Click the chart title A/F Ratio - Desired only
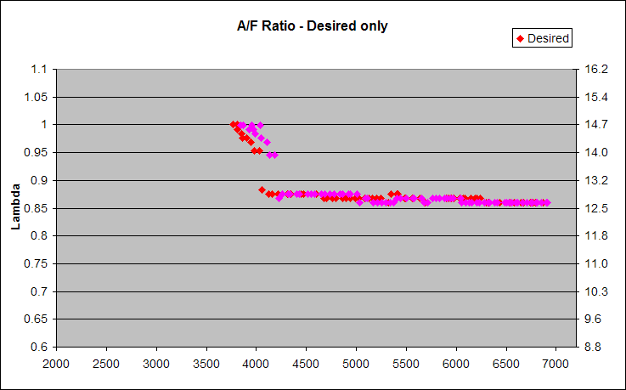pyautogui.click(x=312, y=25)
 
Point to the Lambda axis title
pyautogui.click(x=14, y=208)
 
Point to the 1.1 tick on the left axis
pyautogui.click(x=37, y=69)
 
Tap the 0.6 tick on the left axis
pyautogui.click(x=37, y=347)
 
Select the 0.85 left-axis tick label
pyautogui.click(x=35, y=208)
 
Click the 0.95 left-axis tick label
pyautogui.click(x=35, y=152)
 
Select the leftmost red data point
pyautogui.click(x=234, y=125)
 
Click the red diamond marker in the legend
pyautogui.click(x=520, y=37)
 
